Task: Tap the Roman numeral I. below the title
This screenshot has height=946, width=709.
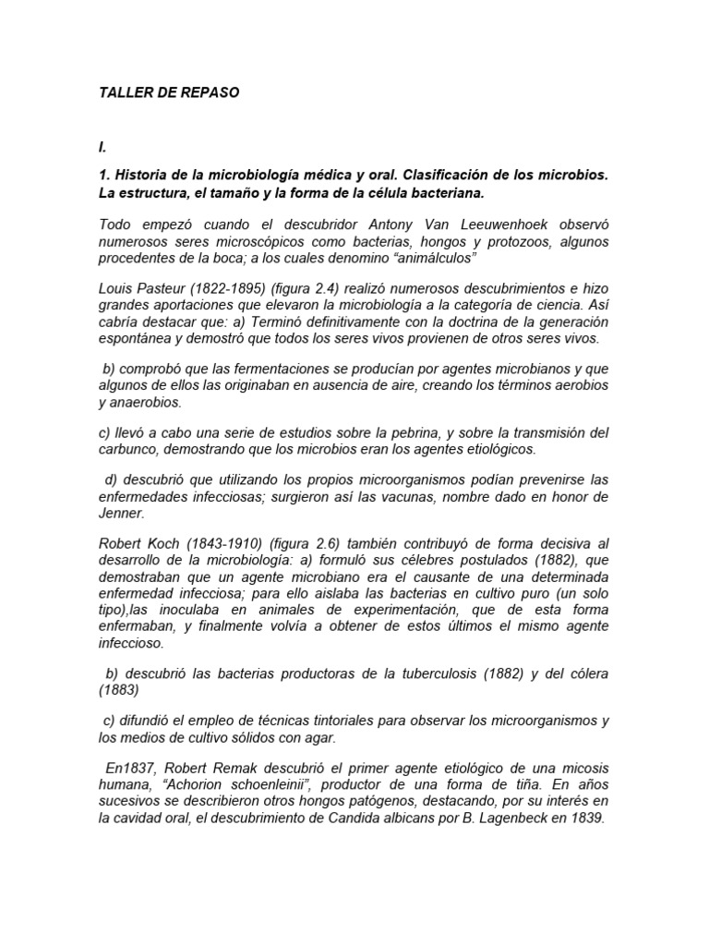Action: pos(102,147)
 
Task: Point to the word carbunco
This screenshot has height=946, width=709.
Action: pos(129,449)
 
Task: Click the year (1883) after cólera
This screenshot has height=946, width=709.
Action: pos(119,690)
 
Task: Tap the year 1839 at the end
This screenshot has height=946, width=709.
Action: pos(586,818)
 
